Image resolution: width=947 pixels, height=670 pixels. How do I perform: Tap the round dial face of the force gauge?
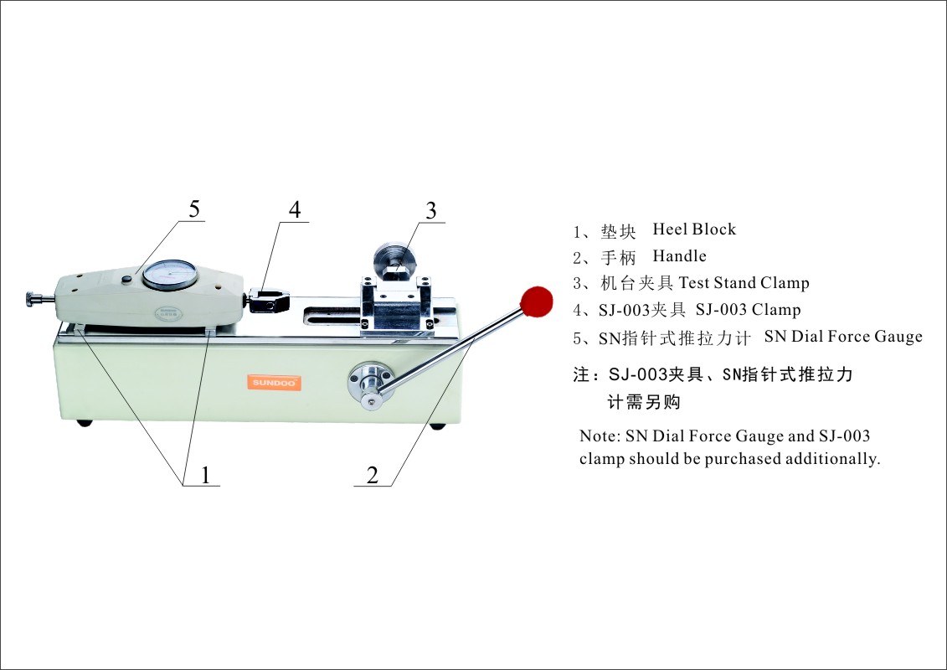pos(170,275)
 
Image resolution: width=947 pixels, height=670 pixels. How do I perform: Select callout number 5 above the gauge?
pos(194,209)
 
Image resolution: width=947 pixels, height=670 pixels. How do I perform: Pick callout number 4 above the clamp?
pos(295,209)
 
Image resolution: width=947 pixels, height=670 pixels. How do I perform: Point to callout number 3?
pos(431,211)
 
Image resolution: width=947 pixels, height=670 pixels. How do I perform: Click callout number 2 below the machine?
pos(373,476)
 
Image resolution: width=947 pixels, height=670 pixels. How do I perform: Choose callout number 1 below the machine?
pos(204,476)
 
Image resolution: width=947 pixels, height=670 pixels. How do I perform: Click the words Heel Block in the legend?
pos(694,229)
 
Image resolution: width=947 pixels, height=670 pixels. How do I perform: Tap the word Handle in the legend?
pos(680,256)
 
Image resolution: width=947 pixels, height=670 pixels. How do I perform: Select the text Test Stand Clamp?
pos(744,283)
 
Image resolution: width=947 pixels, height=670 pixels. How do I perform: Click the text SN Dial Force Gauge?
pos(843,337)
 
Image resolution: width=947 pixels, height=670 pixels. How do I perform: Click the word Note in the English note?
pos(598,436)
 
